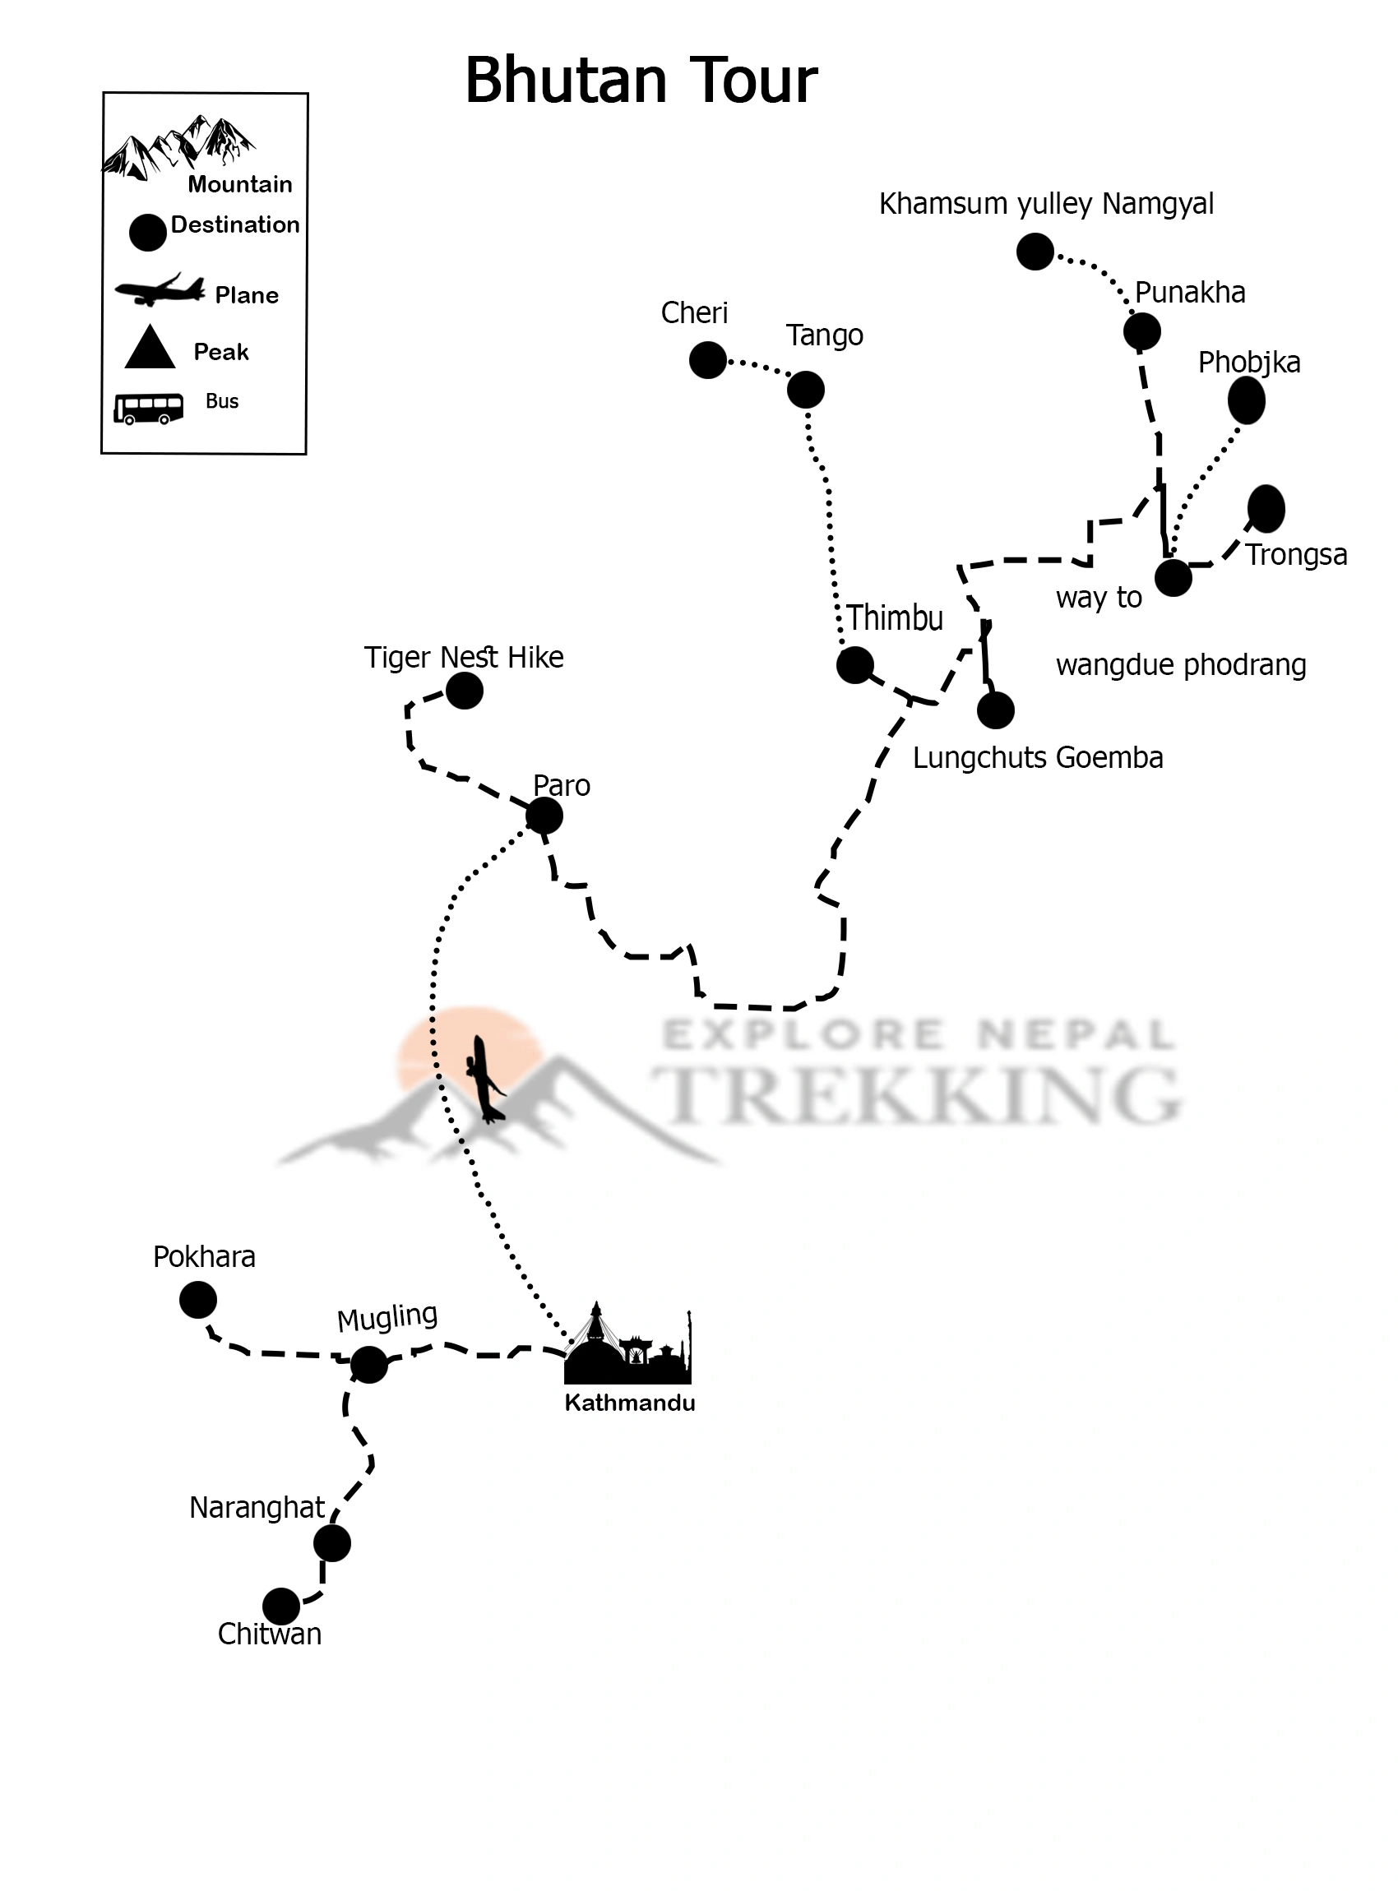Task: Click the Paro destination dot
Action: click(x=544, y=816)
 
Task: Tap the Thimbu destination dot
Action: click(x=854, y=665)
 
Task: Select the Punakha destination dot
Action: click(x=1141, y=331)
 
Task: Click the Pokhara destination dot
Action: click(x=198, y=1300)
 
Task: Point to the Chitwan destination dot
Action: click(x=281, y=1606)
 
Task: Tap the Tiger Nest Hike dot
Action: click(x=464, y=691)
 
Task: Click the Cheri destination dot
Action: click(x=707, y=360)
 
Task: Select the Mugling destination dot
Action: click(x=369, y=1364)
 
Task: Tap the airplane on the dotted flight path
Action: click(x=485, y=1080)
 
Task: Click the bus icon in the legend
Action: click(x=149, y=408)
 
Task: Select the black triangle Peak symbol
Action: click(x=150, y=348)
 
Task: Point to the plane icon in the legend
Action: click(x=160, y=290)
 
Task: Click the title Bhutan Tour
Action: click(x=641, y=81)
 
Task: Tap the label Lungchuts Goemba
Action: click(x=1038, y=757)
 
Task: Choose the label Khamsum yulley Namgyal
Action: click(x=1046, y=204)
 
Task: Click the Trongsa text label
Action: click(x=1295, y=555)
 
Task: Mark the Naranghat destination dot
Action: click(x=331, y=1543)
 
